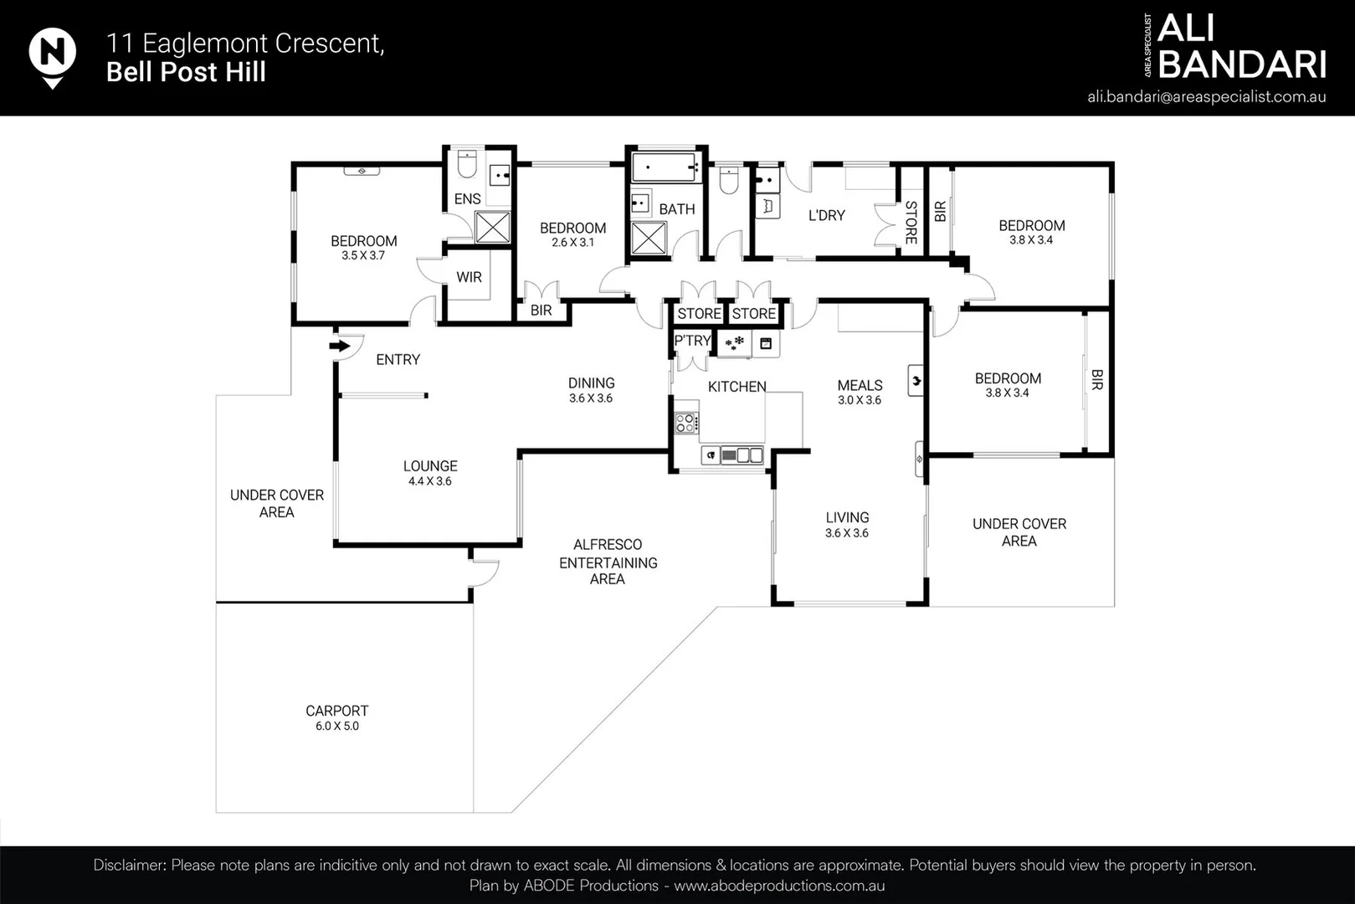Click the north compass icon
[x=53, y=55]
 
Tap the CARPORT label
[x=336, y=711]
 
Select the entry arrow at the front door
[x=340, y=345]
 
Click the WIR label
[x=469, y=277]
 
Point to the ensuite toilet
[x=467, y=164]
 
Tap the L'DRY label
[x=826, y=215]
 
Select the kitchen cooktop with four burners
[x=686, y=423]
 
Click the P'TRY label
[x=691, y=341]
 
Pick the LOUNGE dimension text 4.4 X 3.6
[x=429, y=481]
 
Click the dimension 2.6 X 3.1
[x=572, y=243]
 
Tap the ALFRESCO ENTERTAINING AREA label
[x=608, y=562]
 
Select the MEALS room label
[x=860, y=385]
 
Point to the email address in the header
[x=1206, y=96]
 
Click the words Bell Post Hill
[x=186, y=72]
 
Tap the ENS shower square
[x=492, y=227]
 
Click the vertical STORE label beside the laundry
[x=911, y=222]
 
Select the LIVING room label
[x=847, y=517]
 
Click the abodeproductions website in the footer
[x=778, y=886]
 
